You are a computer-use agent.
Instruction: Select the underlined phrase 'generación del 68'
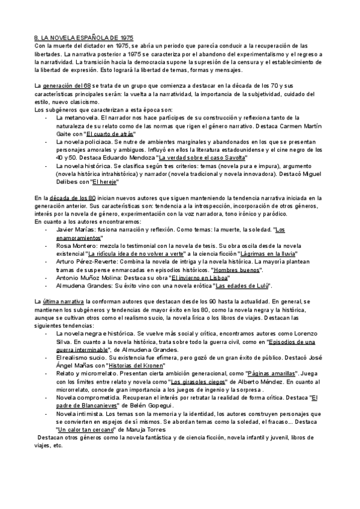pyautogui.click(x=67, y=86)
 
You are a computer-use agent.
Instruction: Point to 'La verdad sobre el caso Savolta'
pyautogui.click(x=199, y=158)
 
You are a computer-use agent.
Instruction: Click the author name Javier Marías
pyautogui.click(x=73, y=229)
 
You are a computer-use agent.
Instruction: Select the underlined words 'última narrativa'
pyautogui.click(x=64, y=300)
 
